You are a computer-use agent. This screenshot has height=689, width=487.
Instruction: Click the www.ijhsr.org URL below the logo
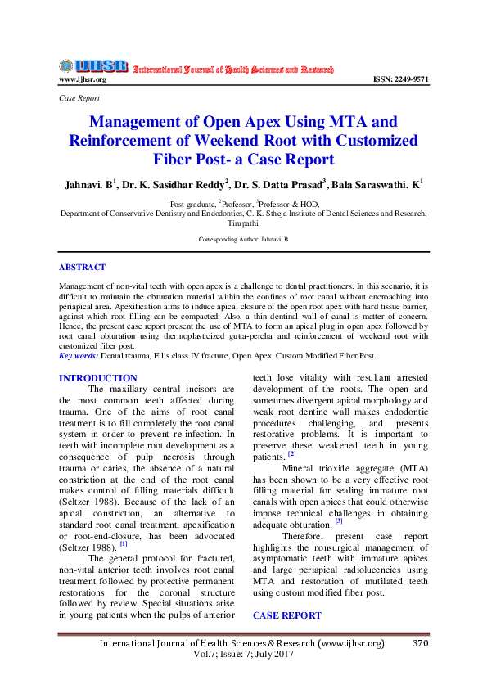click(x=83, y=79)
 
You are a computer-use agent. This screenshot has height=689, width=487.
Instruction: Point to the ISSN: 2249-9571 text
click(x=400, y=79)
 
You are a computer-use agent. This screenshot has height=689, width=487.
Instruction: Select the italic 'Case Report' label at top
click(x=79, y=97)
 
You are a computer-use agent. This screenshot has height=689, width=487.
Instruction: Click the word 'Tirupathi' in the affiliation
click(x=242, y=222)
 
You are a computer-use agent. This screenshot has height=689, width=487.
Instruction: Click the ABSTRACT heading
click(x=82, y=267)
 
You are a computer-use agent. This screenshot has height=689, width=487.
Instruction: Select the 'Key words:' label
click(x=79, y=356)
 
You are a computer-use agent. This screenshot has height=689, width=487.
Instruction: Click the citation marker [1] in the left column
click(x=124, y=543)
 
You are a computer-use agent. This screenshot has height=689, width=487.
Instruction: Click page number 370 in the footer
click(x=421, y=644)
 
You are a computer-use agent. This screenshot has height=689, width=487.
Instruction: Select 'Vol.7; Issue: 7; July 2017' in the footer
click(x=242, y=656)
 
